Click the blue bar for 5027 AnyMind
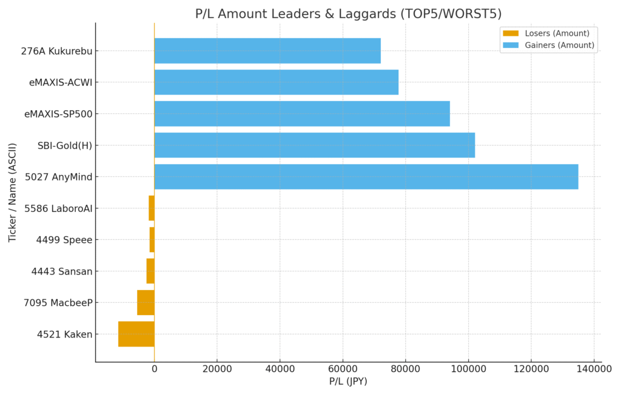coord(366,176)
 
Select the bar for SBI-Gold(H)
coord(314,145)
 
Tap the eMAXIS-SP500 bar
coord(302,113)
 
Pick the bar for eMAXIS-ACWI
coord(276,82)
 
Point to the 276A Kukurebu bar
coord(267,51)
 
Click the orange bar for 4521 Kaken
coord(136,334)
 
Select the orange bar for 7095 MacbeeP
coord(146,302)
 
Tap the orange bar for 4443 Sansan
coord(150,271)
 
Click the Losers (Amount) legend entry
coord(549,33)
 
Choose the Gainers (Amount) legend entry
coord(549,45)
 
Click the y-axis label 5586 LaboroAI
coord(58,208)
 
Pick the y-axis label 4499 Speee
coord(64,240)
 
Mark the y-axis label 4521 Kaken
coord(64,334)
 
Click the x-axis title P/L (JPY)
coord(348,382)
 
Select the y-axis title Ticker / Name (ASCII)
coord(13,192)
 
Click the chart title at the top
coord(348,13)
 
